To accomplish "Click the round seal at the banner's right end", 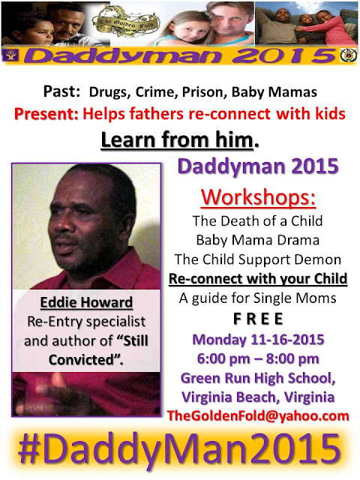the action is point(349,55).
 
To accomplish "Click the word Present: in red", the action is point(46,114).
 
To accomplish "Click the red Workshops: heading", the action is point(258,197).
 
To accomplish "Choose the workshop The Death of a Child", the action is point(257,220).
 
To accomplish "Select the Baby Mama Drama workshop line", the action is point(258,240).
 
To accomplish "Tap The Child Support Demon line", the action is point(258,259).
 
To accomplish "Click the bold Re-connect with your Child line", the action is point(258,278).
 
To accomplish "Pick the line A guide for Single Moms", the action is point(258,298).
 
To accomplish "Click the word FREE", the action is point(258,319).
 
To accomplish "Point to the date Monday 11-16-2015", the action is point(258,340).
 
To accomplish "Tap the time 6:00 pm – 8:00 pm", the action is point(258,358).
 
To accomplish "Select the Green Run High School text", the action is point(258,378).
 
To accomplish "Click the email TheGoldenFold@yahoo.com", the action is point(258,415).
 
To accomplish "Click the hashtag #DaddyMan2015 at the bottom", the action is point(179,451).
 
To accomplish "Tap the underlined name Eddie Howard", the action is point(86,302).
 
